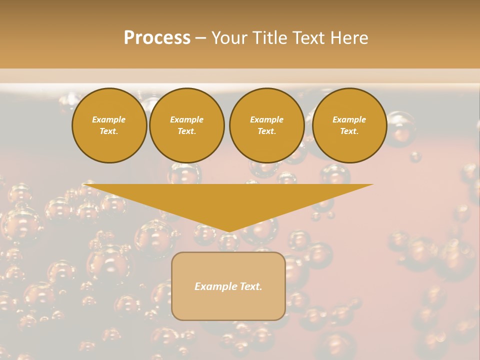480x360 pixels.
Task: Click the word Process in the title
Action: point(157,38)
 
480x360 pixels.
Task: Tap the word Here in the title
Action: point(350,38)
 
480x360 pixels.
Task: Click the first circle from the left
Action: point(109,125)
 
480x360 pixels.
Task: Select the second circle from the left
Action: point(187,125)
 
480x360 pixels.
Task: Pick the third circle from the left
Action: point(266,125)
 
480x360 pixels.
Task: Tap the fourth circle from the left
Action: point(349,125)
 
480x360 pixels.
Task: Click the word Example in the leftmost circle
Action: point(109,119)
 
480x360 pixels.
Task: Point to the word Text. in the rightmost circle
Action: point(349,131)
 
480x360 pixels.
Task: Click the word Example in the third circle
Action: point(266,119)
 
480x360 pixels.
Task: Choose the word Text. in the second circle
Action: point(187,131)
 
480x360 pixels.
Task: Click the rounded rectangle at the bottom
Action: point(228,305)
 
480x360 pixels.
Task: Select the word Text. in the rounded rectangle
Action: point(250,286)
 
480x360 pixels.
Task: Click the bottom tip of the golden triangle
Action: point(229,231)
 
